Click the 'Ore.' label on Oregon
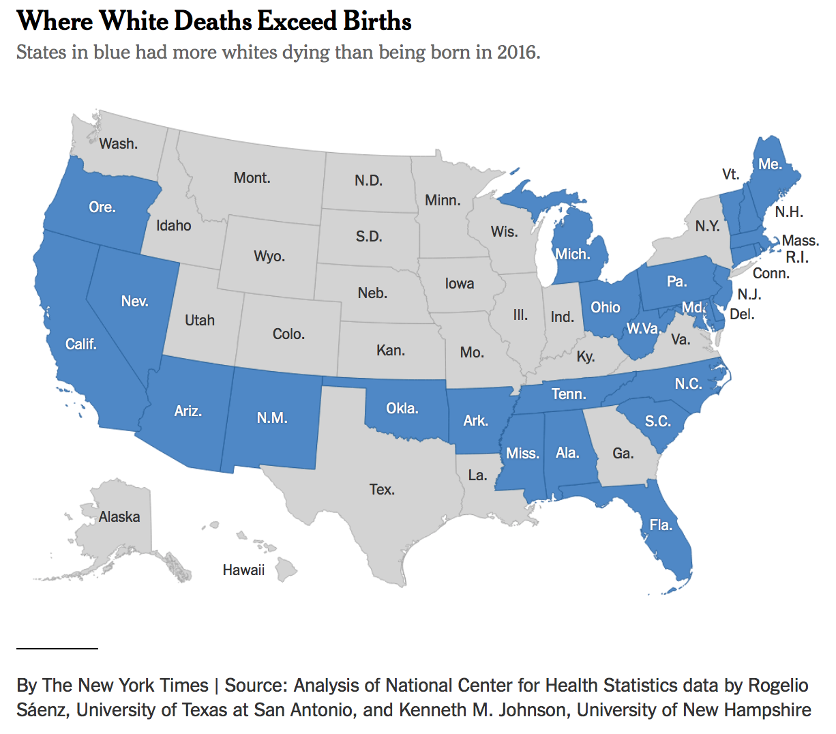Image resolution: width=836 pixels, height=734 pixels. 102,207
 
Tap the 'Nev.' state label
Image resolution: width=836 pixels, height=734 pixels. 134,302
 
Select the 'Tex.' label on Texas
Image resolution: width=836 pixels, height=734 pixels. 382,490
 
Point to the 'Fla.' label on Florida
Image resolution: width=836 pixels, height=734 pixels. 661,525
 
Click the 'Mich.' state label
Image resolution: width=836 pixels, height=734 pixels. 572,254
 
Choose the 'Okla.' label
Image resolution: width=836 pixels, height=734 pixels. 402,409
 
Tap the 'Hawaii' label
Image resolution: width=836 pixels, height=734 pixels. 243,570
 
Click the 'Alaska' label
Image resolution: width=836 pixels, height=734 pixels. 119,517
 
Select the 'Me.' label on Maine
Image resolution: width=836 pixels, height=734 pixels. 770,164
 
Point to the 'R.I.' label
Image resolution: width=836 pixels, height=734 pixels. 797,257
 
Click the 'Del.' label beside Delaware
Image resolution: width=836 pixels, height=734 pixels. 742,314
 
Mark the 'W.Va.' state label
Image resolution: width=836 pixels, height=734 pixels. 643,329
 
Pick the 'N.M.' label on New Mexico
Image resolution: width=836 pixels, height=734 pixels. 272,418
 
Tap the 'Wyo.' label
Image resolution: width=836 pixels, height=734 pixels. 269,256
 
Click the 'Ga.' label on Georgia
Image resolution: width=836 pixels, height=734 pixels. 623,454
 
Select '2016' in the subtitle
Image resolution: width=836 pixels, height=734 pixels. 516,53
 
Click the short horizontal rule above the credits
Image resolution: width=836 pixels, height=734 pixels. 57,647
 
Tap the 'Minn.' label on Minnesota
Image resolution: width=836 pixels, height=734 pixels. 443,201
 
